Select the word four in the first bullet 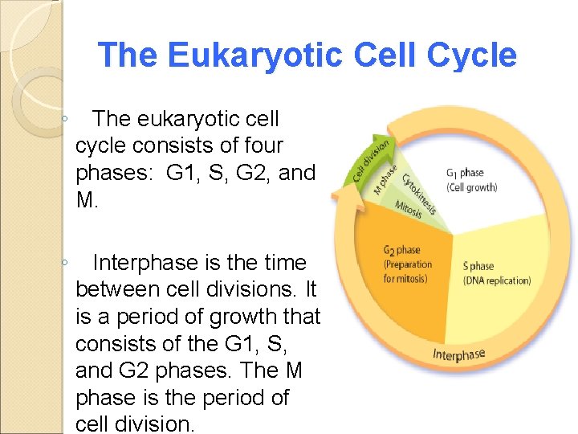[256, 145]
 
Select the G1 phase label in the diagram [465, 173]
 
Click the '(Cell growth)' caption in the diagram [471, 187]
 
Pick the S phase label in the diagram [478, 266]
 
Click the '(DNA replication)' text [497, 280]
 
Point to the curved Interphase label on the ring [459, 354]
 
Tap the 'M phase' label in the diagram [385, 179]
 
